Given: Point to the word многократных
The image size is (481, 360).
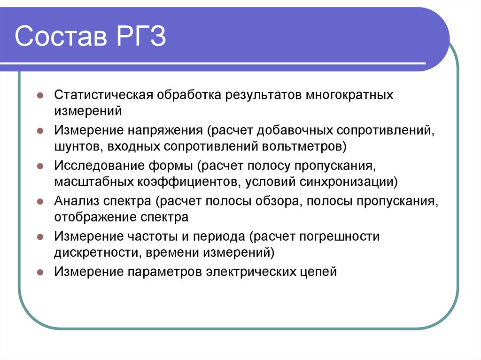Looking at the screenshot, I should point(350,94).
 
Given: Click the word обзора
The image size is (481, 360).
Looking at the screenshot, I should point(271,201).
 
